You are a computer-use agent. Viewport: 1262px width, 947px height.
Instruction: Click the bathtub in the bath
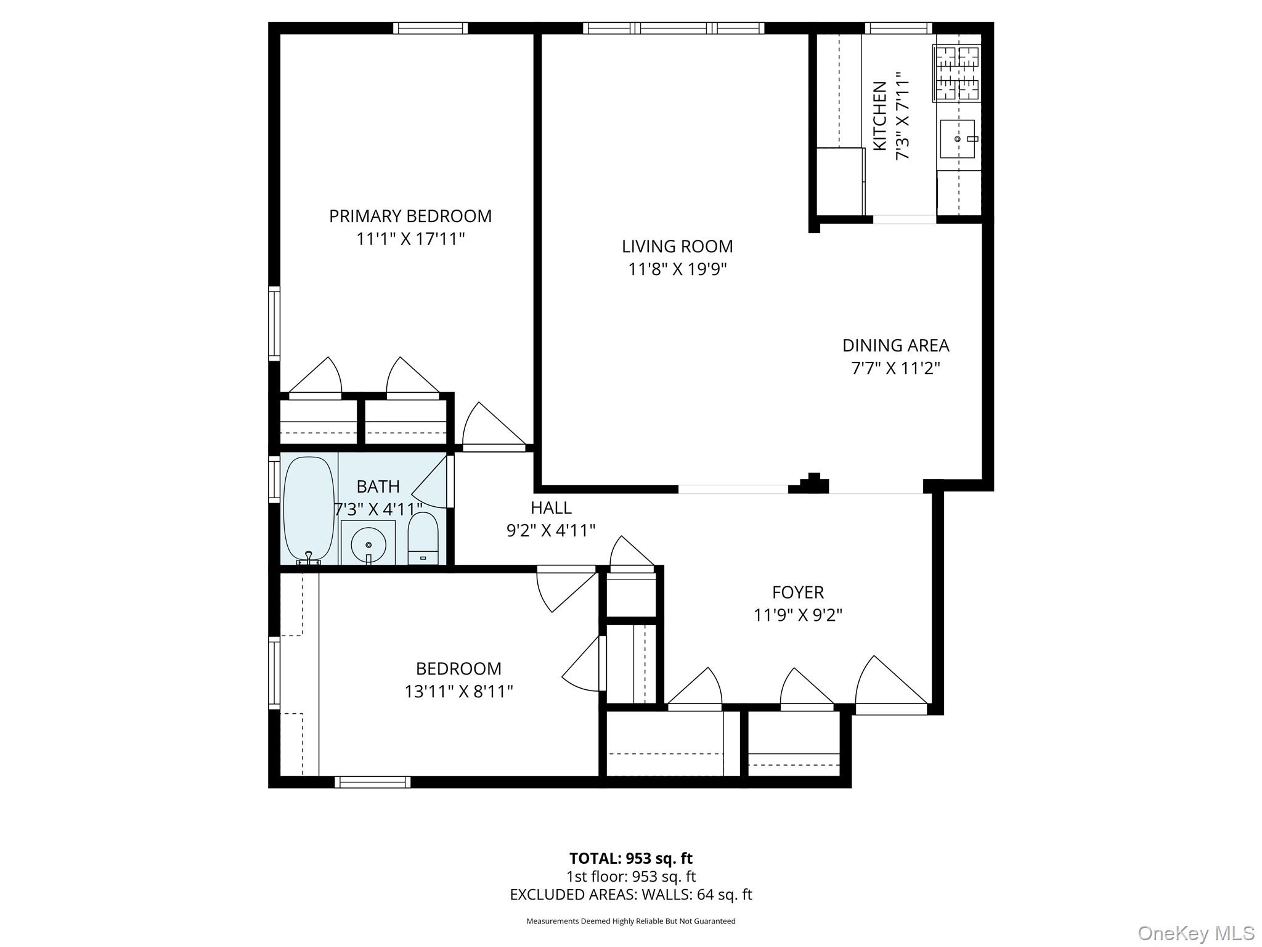(x=308, y=509)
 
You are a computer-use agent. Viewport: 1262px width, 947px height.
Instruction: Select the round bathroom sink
(x=368, y=544)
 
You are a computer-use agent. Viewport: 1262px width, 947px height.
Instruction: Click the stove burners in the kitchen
(x=957, y=73)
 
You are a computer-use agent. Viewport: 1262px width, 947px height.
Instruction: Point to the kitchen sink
(x=957, y=139)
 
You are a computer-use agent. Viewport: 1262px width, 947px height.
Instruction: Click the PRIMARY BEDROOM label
(x=410, y=216)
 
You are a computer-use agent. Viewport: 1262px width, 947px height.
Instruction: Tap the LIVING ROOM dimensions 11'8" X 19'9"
(x=677, y=269)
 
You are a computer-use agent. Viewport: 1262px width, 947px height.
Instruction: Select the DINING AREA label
(x=895, y=345)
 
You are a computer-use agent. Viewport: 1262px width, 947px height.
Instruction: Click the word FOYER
(x=797, y=592)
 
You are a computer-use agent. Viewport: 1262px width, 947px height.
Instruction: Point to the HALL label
(x=551, y=508)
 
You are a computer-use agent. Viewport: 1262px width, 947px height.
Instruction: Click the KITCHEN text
(x=880, y=116)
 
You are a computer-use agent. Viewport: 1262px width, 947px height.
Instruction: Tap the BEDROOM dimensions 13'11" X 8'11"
(x=458, y=692)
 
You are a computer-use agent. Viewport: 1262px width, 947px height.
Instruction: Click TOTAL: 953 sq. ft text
(x=630, y=858)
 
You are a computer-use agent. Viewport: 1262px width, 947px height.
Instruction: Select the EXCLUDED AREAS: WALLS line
(x=630, y=895)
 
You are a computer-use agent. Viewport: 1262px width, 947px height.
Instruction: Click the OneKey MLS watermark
(x=1195, y=933)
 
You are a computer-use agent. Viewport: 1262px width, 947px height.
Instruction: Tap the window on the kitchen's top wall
(x=898, y=28)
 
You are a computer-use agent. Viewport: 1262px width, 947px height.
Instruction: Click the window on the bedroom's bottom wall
(x=372, y=782)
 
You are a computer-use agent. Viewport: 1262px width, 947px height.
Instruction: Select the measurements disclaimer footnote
(x=630, y=921)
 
